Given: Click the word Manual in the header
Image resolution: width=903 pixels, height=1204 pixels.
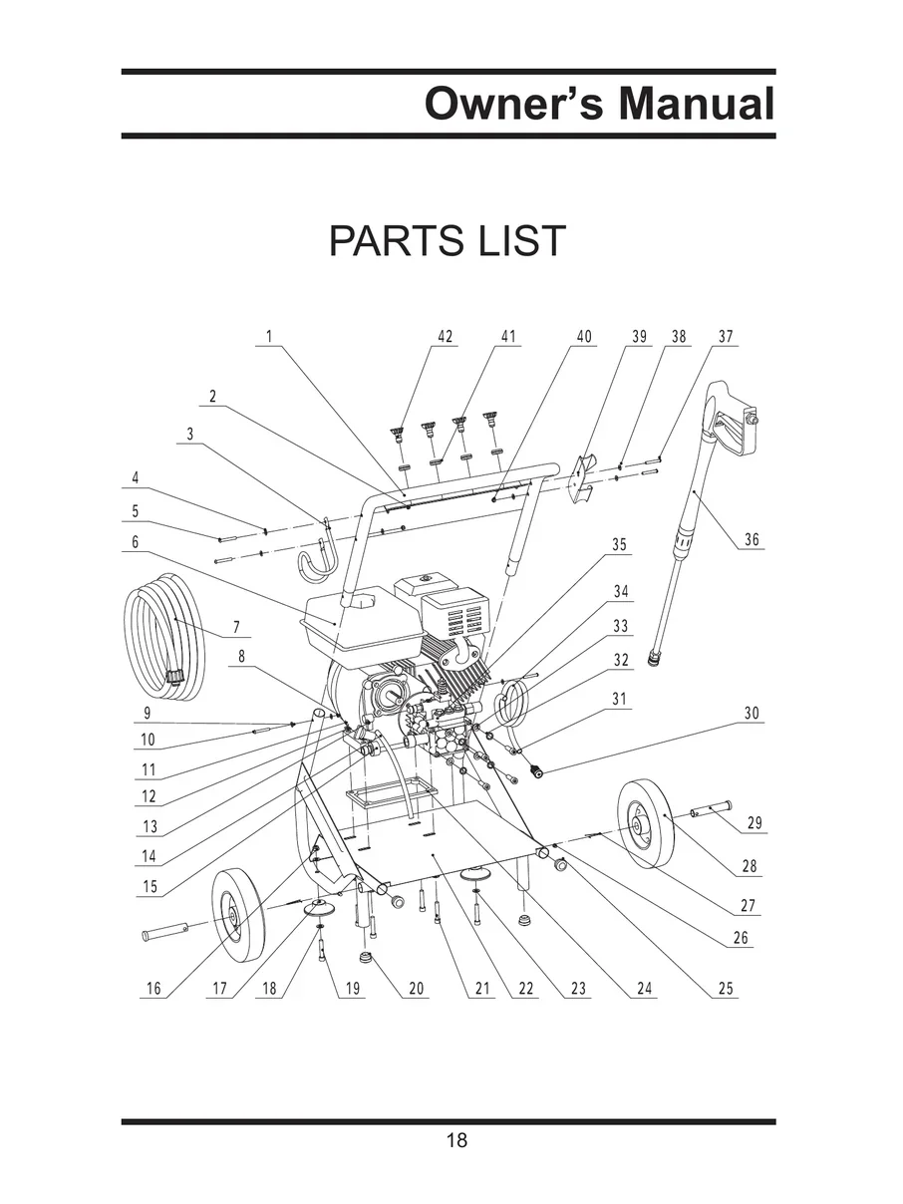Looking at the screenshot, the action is click(x=697, y=104).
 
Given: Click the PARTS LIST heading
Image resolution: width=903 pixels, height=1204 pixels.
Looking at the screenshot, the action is click(x=447, y=240).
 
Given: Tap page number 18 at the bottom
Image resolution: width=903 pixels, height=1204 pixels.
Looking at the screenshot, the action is click(x=456, y=1140).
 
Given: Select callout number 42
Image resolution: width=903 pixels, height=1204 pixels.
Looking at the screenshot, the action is click(x=446, y=336).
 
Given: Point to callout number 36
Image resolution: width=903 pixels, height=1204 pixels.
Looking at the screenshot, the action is click(x=752, y=540).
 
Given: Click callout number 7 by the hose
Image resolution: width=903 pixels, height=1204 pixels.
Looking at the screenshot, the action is click(x=236, y=627).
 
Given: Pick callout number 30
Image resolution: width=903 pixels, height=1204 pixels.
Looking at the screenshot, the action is click(x=752, y=713).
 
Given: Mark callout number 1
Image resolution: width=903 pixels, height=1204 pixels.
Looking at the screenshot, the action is click(x=269, y=336).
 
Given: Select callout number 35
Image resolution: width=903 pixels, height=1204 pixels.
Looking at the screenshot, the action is click(x=619, y=544).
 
